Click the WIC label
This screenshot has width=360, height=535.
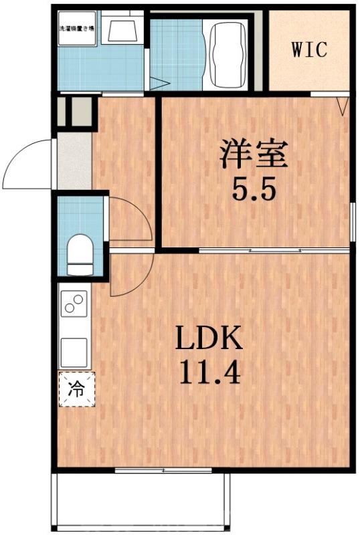pyautogui.click(x=309, y=49)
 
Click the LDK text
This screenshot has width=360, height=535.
pyautogui.click(x=208, y=339)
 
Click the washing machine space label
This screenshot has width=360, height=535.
pyautogui.click(x=77, y=29)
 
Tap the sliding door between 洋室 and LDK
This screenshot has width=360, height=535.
pyautogui.click(x=274, y=250)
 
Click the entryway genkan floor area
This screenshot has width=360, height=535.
pyautogui.click(x=74, y=160)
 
